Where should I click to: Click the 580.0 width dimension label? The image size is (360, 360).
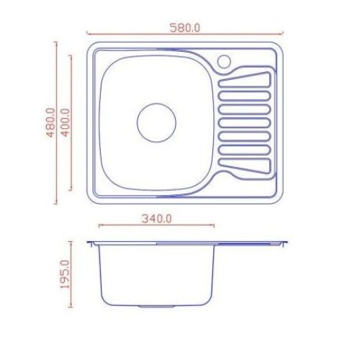click(x=185, y=27)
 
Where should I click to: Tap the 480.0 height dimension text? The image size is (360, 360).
click(x=50, y=122)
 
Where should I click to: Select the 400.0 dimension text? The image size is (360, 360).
click(x=66, y=122)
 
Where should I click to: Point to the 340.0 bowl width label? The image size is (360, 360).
click(x=156, y=219)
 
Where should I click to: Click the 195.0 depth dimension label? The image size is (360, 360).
click(x=65, y=274)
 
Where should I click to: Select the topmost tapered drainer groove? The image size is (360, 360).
click(x=245, y=79)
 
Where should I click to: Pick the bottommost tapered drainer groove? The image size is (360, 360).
click(x=245, y=166)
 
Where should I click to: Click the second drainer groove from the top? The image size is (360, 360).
click(x=245, y=96)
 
